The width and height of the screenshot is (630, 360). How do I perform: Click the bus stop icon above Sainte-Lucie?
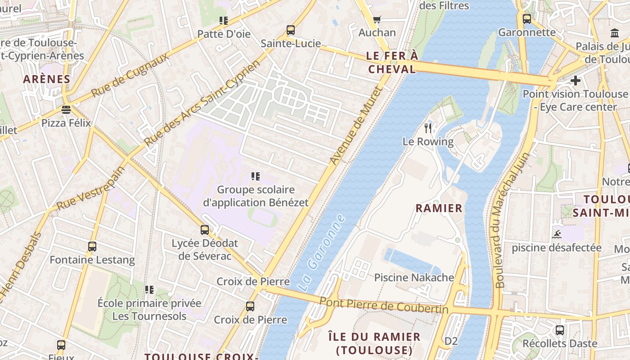[x=291, y=31]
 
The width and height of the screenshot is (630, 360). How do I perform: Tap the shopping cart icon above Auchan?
[x=377, y=19]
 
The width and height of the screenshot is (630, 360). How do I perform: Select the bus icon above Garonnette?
[x=527, y=19]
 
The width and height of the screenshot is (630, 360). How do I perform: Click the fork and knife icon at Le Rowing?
[x=428, y=128]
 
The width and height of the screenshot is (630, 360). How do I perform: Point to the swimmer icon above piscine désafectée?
[x=557, y=234]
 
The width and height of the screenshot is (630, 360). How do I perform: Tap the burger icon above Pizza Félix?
[x=66, y=110]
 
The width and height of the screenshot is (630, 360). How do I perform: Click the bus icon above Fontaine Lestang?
[x=92, y=247]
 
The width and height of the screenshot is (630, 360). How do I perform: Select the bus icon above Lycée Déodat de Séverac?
[x=205, y=230]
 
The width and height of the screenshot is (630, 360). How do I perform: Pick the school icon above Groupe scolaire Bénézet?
[x=256, y=176]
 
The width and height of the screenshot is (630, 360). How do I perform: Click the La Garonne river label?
[x=321, y=252]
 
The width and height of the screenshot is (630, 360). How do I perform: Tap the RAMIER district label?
[x=439, y=208]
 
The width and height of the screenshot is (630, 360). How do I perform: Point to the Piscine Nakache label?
[x=414, y=278]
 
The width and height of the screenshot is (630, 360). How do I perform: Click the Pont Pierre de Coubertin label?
[x=384, y=305]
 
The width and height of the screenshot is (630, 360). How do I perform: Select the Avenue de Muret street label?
[x=355, y=126]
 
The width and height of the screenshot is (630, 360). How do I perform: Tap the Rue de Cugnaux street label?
[x=130, y=74]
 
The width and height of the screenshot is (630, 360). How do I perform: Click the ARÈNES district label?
[x=47, y=79]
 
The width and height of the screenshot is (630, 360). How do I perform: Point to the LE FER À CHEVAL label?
[x=392, y=63]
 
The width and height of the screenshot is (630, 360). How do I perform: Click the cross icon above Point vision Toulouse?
[x=575, y=81]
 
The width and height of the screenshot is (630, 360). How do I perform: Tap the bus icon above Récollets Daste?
[x=560, y=330]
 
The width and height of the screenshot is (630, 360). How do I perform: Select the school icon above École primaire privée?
[x=149, y=290]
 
